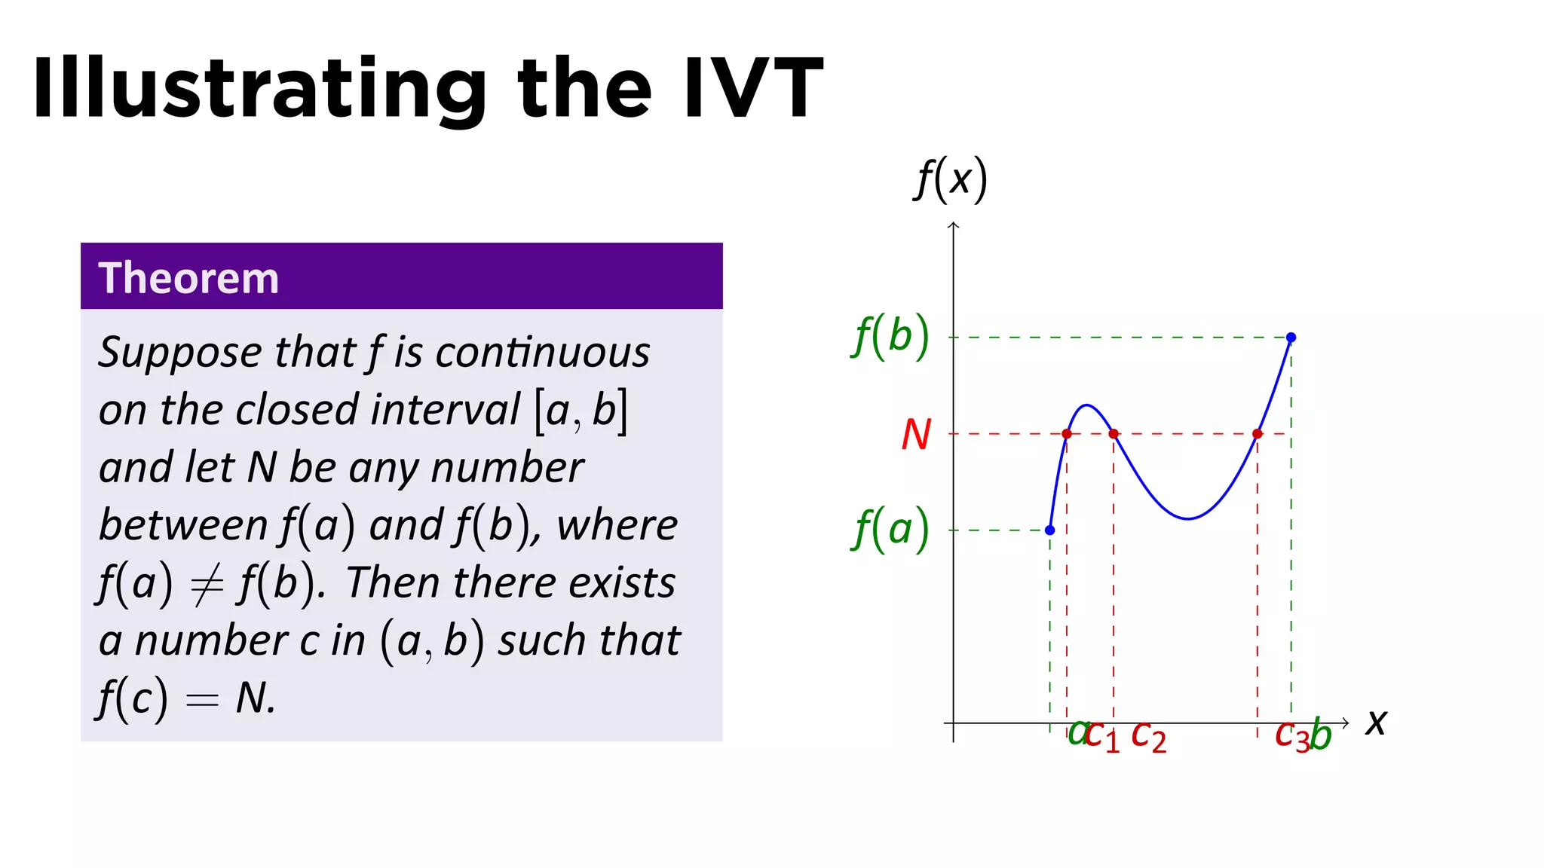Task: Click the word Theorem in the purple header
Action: click(188, 278)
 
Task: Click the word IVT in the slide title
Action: click(752, 89)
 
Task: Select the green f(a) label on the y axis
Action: click(891, 529)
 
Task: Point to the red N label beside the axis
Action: click(916, 435)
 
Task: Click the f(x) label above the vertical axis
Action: click(951, 180)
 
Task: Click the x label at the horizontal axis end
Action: click(1376, 722)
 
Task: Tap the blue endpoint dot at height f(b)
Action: click(1291, 337)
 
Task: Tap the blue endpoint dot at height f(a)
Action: click(1049, 530)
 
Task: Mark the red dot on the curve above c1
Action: click(1066, 433)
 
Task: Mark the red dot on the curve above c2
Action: click(1114, 433)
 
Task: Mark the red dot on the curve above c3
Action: click(1257, 433)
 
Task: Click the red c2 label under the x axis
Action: click(1148, 735)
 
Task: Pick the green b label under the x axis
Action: click(1321, 734)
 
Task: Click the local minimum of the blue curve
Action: click(1188, 518)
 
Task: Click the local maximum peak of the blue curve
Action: click(1086, 405)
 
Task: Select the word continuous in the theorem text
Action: click(542, 353)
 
